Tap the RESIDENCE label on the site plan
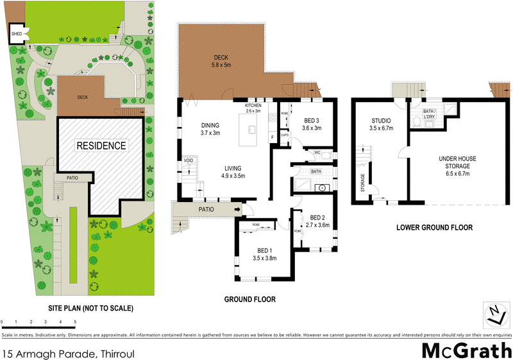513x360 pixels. click(x=101, y=146)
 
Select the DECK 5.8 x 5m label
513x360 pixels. click(x=221, y=61)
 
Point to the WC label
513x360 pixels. click(x=317, y=153)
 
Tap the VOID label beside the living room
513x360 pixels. click(x=189, y=160)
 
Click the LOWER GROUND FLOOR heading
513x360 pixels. click(x=434, y=228)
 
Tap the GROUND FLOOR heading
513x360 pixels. click(x=249, y=299)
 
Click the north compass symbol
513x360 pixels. click(x=493, y=314)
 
